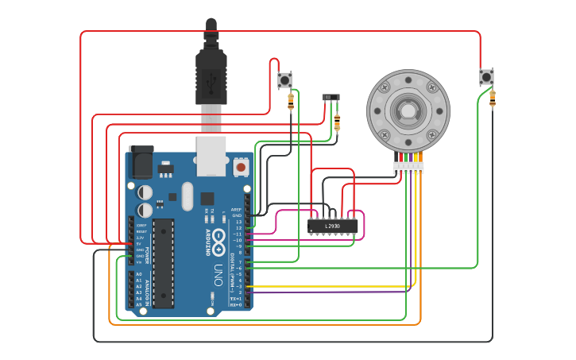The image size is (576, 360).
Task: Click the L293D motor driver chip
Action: [x=333, y=226]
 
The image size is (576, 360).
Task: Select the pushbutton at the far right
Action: [x=486, y=77]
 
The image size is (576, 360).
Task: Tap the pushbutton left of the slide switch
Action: [x=284, y=79]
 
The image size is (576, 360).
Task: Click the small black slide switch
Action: [x=331, y=97]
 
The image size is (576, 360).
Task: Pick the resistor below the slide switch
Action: [x=337, y=122]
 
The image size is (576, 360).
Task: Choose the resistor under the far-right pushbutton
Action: [x=493, y=98]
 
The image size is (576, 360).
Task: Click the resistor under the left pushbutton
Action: [x=291, y=101]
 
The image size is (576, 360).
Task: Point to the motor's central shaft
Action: [x=408, y=110]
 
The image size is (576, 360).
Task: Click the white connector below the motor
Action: [x=408, y=167]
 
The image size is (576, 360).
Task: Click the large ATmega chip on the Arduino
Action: [x=163, y=263]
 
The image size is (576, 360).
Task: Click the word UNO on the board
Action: [x=218, y=274]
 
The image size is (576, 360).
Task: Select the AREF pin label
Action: [x=236, y=210]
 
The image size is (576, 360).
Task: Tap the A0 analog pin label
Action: [x=139, y=274]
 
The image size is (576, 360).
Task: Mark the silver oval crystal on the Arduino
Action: [x=187, y=196]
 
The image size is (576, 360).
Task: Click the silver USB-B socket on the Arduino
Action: [x=211, y=156]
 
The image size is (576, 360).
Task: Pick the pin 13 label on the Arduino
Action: [x=238, y=222]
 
